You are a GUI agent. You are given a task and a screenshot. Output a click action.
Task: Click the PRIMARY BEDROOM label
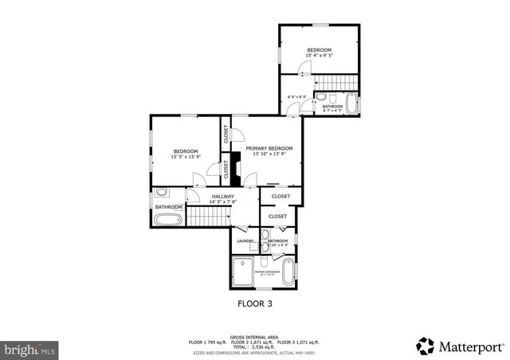(269, 148)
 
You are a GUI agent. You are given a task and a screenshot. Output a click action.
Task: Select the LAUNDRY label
(245, 241)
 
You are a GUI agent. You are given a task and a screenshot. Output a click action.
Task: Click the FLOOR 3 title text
(255, 303)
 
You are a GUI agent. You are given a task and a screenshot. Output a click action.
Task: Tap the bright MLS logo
(29, 349)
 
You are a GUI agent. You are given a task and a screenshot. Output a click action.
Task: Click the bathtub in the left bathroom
(168, 217)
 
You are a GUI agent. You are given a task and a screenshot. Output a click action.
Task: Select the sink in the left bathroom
(162, 192)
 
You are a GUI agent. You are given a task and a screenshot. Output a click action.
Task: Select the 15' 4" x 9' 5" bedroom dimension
(319, 56)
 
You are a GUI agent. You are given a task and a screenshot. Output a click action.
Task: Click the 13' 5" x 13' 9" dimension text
(186, 157)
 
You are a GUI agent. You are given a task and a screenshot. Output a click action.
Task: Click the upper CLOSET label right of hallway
(280, 196)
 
